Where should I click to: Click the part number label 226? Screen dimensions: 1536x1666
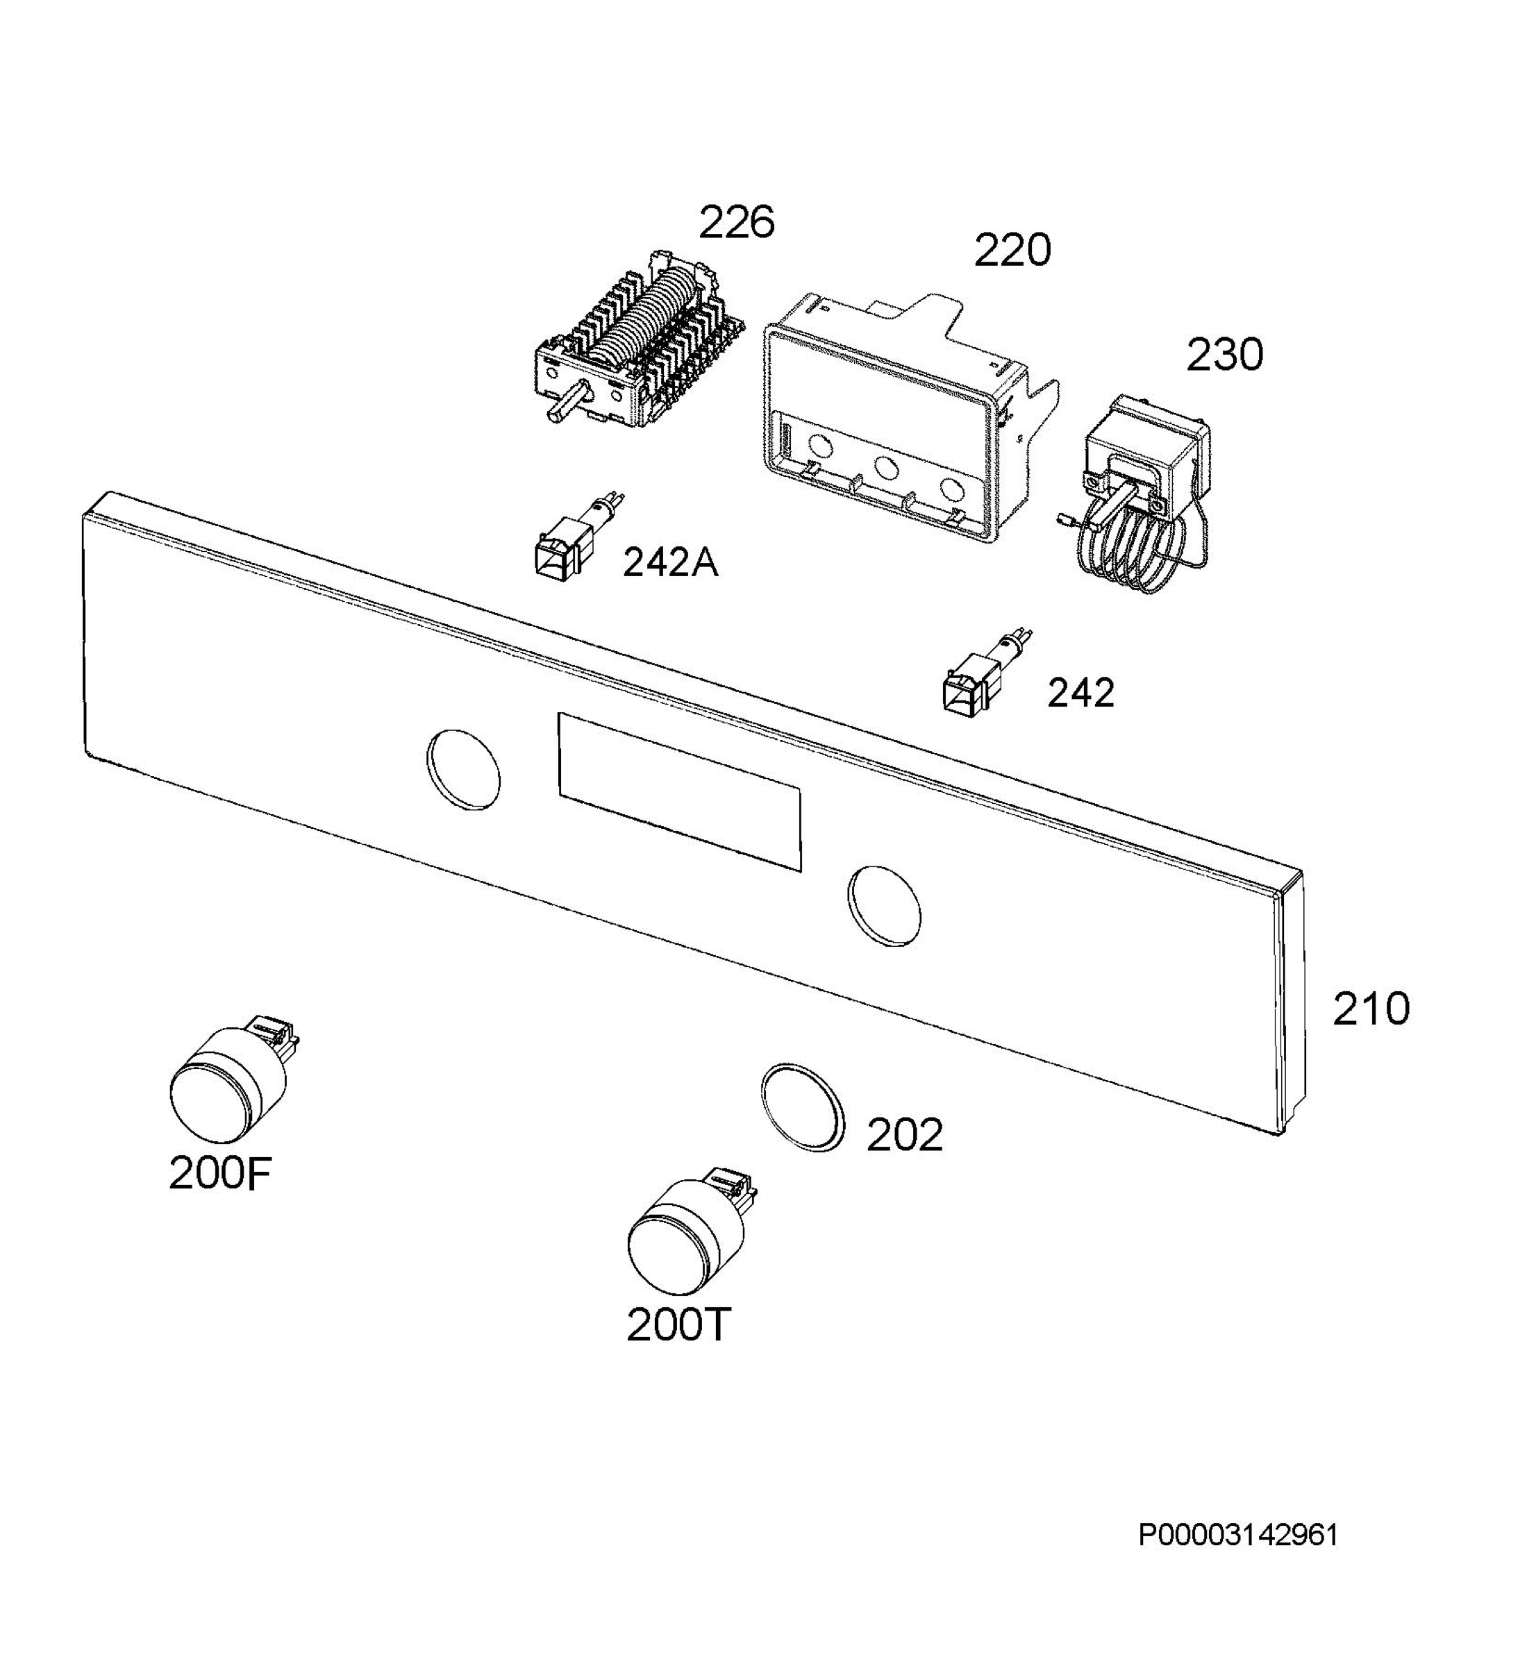coord(737,223)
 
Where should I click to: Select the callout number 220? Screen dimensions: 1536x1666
coord(1012,250)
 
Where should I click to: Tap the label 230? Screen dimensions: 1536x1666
coord(1224,355)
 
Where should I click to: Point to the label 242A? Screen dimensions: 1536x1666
coord(670,564)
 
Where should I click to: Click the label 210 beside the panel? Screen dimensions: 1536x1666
coord(1371,1009)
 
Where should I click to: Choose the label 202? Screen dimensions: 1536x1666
coord(904,1135)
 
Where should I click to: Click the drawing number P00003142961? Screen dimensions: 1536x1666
coord(1238,1535)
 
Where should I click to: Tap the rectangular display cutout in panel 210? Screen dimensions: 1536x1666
coord(680,792)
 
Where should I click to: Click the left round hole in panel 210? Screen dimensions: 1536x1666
coord(463,768)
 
